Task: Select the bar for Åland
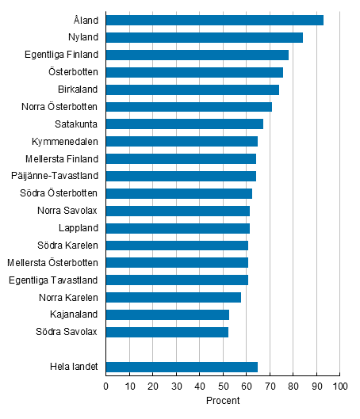click(x=214, y=20)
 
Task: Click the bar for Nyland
click(x=204, y=37)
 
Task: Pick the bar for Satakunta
click(x=184, y=124)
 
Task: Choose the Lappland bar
click(x=178, y=228)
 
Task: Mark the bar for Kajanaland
click(x=167, y=314)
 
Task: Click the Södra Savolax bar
click(x=167, y=332)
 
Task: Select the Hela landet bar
click(x=182, y=367)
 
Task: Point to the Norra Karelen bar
click(x=173, y=297)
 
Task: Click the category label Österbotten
click(x=72, y=72)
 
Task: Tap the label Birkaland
click(x=78, y=90)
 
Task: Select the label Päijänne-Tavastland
click(x=56, y=176)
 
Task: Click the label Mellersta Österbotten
click(x=52, y=263)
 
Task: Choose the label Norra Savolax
click(x=67, y=211)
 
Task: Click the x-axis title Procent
click(x=222, y=401)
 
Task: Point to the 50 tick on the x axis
click(x=223, y=386)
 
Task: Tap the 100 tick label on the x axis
click(x=339, y=386)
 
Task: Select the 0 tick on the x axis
click(x=105, y=386)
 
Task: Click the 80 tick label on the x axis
click(x=293, y=386)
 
